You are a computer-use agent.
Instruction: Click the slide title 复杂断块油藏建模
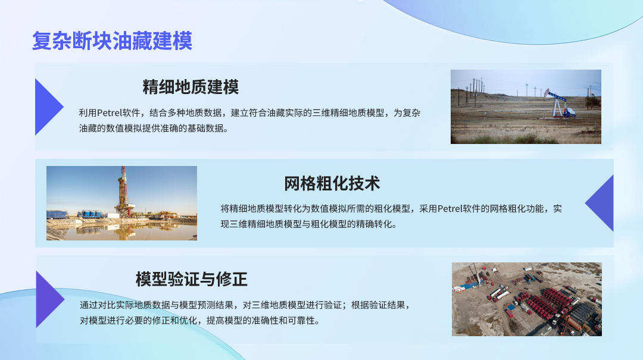pos(112,40)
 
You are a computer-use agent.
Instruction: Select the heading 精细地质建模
pos(191,87)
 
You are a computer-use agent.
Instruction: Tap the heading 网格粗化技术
pos(332,183)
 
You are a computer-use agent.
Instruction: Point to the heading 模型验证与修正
pos(192,279)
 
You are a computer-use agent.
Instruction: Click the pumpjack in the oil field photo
pos(559,104)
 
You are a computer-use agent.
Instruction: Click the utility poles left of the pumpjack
pos(474,91)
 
